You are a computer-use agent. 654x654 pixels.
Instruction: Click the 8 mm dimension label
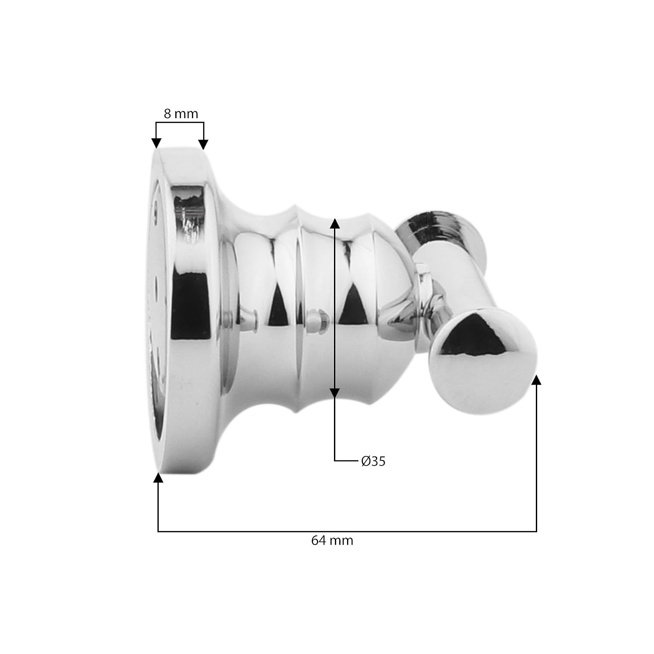click(181, 114)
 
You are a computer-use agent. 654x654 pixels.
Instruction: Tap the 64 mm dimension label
click(332, 541)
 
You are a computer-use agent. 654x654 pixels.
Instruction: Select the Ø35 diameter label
click(374, 461)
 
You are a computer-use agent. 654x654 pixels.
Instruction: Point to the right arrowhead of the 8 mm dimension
click(204, 144)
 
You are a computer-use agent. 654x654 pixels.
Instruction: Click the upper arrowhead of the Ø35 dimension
click(334, 224)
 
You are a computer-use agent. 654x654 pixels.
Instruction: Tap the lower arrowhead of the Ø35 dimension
click(334, 392)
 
